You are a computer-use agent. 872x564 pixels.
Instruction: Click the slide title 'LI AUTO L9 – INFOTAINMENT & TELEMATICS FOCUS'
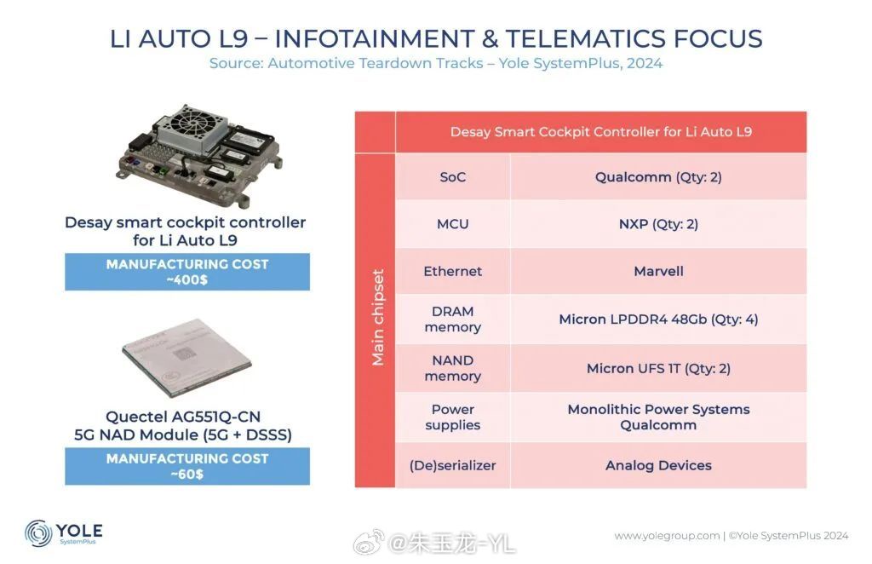436,38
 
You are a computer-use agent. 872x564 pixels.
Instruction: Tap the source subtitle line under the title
436,63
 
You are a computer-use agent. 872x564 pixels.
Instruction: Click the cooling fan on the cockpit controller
192,128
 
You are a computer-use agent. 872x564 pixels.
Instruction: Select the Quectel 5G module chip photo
186,358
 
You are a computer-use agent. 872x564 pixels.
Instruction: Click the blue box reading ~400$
187,272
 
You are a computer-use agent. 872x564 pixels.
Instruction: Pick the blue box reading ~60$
187,466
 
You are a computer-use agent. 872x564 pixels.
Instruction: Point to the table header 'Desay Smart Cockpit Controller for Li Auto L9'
601,132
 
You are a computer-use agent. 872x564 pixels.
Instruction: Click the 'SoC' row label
453,177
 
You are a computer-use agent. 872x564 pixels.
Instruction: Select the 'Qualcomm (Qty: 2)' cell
658,177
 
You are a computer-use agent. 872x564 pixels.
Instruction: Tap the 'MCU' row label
453,223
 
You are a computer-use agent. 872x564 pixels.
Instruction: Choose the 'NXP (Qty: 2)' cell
658,223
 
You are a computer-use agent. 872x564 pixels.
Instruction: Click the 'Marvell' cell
658,271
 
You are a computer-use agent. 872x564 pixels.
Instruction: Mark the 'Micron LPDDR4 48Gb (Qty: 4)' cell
658,319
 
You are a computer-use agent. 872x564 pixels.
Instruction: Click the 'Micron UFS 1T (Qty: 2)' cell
658,368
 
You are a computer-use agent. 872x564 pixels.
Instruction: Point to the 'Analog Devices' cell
658,465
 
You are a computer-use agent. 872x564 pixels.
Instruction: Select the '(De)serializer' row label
453,465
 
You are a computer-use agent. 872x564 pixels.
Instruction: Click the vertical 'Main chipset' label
378,318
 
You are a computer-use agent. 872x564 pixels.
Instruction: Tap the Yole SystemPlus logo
63,533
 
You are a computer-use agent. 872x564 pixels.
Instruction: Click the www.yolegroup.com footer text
668,536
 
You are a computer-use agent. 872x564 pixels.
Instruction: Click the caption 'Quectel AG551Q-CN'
183,417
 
